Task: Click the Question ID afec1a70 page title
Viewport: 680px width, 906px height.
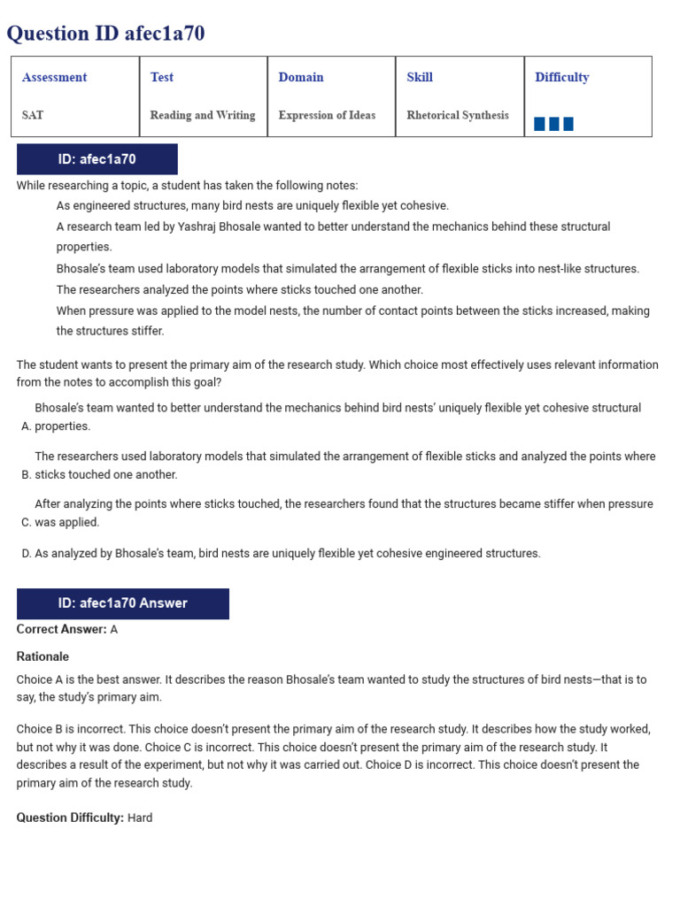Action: point(106,34)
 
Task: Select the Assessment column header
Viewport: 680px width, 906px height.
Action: point(54,77)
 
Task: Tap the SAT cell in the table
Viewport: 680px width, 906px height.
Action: point(33,115)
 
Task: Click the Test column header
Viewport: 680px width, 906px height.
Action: point(162,77)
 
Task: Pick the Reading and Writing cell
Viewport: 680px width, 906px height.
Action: point(203,115)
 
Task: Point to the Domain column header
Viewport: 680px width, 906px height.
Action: point(301,77)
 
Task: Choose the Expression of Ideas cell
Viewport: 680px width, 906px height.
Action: point(327,115)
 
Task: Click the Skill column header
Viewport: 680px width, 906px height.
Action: point(420,77)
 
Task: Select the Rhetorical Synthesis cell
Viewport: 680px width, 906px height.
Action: point(458,115)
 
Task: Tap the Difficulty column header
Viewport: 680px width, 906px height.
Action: point(561,77)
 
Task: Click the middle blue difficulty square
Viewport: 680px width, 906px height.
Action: point(554,124)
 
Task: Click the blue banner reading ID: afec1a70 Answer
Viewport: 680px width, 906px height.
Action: point(123,603)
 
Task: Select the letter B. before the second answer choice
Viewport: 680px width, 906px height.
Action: point(26,474)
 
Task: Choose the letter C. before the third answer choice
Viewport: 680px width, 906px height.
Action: point(26,522)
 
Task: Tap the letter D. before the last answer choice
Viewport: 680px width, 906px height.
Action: point(26,553)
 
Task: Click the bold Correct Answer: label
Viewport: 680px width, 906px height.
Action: point(61,629)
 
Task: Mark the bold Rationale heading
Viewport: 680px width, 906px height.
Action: point(42,656)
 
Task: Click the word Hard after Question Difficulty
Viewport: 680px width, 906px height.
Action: point(140,818)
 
